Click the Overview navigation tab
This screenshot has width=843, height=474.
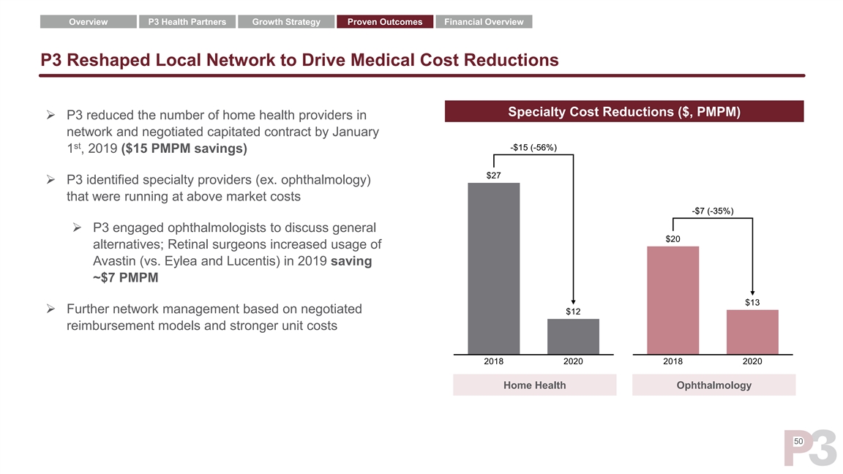[88, 22]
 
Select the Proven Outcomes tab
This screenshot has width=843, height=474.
[385, 22]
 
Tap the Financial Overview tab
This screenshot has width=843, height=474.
[484, 22]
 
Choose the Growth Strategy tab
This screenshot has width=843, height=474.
[286, 22]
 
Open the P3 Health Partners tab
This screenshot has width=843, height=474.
[187, 22]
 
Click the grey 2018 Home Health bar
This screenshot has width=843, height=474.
[494, 268]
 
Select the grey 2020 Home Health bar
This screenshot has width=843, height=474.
[573, 336]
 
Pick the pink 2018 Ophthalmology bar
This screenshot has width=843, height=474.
[673, 300]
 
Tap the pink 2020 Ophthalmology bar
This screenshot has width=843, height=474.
[752, 332]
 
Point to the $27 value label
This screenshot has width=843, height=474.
[494, 176]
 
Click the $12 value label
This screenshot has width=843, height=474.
[573, 312]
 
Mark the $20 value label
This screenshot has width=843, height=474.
[673, 239]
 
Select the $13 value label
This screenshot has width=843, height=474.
[752, 303]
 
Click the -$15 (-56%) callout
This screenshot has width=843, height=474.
[533, 148]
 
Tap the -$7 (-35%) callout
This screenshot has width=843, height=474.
[713, 211]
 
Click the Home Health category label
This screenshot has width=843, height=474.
[534, 385]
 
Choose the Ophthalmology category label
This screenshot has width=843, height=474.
[713, 385]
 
